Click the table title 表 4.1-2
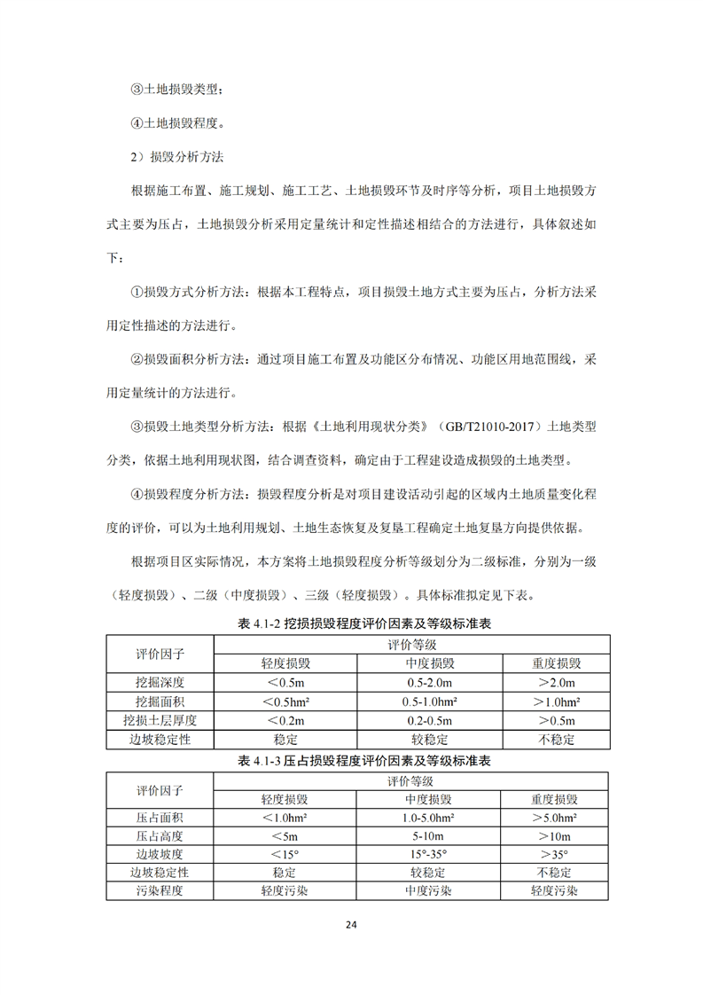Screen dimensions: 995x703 364,623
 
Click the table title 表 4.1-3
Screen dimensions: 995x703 364,761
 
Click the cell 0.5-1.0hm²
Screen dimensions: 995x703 430,701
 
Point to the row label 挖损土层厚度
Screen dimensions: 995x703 160,719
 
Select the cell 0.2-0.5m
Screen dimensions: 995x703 430,719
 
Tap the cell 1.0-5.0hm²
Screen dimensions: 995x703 430,818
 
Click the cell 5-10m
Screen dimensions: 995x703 430,836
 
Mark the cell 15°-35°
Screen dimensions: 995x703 430,855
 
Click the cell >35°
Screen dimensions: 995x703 557,855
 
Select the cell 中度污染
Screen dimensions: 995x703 430,891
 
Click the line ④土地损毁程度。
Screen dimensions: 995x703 177,122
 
